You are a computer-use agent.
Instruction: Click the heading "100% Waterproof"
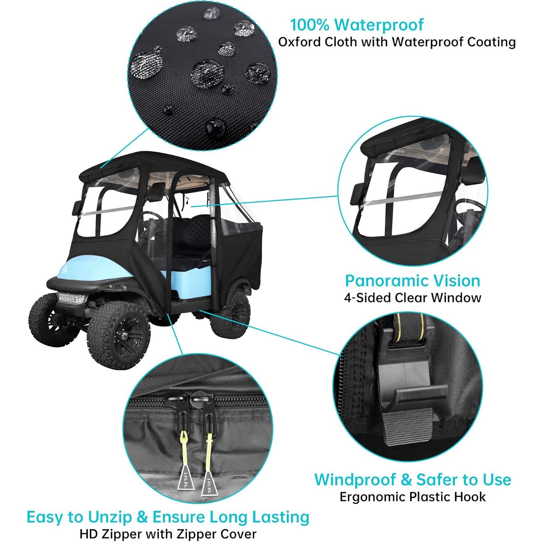pos(357,25)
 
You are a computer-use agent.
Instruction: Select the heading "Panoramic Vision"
pos(412,281)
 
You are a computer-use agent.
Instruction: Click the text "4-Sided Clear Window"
pos(412,298)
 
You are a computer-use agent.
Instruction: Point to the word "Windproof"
pos(354,479)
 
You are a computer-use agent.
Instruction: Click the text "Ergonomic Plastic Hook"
pos(412,497)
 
